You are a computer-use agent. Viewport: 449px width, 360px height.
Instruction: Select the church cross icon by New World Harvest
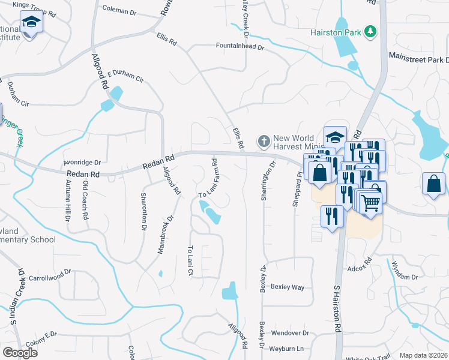[263, 142]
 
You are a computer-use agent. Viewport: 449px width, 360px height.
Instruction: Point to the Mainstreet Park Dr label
[419, 60]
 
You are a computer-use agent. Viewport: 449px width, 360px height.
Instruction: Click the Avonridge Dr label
[82, 162]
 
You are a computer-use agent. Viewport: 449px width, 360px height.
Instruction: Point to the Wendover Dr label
[290, 332]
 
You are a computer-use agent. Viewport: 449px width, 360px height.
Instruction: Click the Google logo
[20, 352]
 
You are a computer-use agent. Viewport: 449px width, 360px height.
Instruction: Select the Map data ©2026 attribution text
[423, 355]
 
